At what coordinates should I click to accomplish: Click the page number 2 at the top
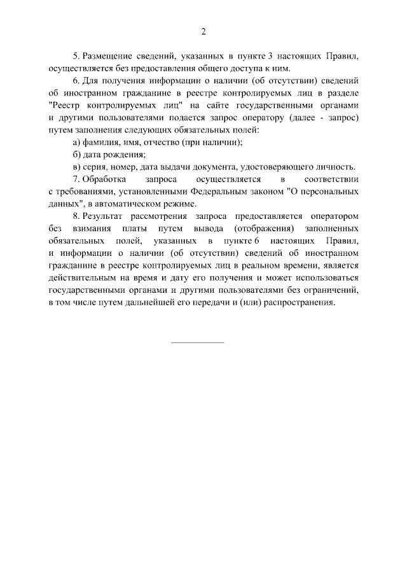coord(203,32)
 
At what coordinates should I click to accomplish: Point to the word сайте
coord(222,106)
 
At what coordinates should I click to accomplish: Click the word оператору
coord(263,118)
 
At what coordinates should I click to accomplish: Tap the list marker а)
coord(77,142)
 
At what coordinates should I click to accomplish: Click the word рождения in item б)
coord(125,155)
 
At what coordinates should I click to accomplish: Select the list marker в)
coord(77,167)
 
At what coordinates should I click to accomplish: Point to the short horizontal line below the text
coord(198,342)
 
